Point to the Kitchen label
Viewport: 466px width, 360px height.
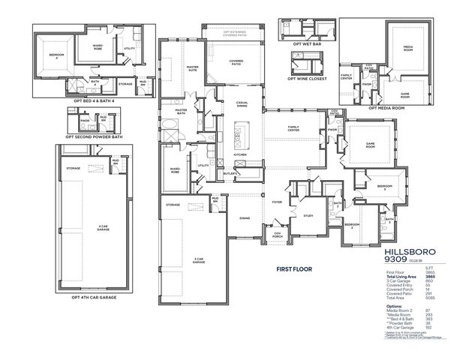point(239,154)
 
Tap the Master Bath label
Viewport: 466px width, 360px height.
point(181,112)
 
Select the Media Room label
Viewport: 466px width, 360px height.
point(408,50)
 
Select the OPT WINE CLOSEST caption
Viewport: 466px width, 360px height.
point(302,76)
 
